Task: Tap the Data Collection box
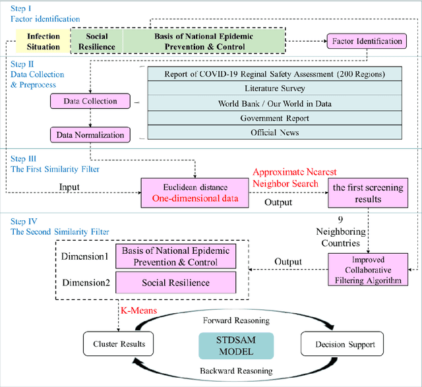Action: (x=90, y=102)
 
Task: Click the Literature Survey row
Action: (x=274, y=88)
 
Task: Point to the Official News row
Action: (x=274, y=132)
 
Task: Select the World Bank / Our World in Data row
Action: (x=274, y=103)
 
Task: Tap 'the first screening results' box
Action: (x=367, y=193)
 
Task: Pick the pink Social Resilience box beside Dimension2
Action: (x=176, y=282)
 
